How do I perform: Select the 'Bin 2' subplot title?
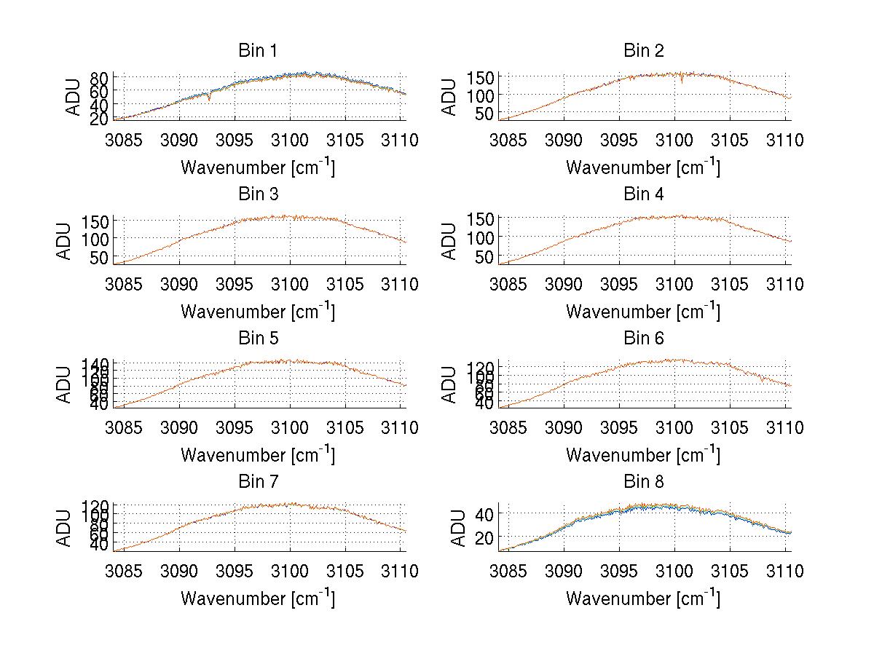(x=643, y=51)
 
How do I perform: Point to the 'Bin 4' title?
(x=643, y=194)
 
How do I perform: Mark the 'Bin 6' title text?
(x=643, y=339)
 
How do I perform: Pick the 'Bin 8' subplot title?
(x=643, y=482)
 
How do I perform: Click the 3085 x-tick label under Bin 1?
(x=124, y=140)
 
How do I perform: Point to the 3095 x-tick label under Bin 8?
(x=619, y=571)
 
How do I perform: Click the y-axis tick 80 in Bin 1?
(x=100, y=78)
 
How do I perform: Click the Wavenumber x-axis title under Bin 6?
(x=643, y=455)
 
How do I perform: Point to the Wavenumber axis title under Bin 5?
(x=257, y=455)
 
